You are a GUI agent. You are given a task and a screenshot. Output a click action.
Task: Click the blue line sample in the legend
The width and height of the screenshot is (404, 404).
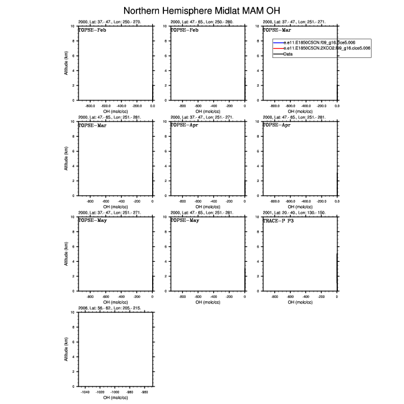[277, 42]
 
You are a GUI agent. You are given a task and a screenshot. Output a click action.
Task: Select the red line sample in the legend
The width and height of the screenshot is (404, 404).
[277, 48]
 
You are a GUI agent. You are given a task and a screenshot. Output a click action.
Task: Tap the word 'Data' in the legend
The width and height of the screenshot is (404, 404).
[288, 54]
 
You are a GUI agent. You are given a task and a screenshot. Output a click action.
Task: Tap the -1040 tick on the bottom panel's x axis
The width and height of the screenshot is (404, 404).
[85, 392]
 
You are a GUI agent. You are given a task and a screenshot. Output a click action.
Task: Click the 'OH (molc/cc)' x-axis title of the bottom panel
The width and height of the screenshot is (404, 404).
[115, 398]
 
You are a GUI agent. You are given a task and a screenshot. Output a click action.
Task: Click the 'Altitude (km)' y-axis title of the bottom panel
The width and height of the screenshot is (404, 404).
[66, 349]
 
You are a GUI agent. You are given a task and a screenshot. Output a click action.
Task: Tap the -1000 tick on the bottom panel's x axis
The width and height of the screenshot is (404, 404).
[115, 392]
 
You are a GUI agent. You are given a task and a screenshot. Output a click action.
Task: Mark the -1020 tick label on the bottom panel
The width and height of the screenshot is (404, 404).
[100, 392]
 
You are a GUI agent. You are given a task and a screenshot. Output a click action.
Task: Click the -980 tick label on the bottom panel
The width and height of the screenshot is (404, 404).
[130, 392]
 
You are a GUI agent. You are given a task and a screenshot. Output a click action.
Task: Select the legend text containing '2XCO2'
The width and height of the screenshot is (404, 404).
[327, 48]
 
